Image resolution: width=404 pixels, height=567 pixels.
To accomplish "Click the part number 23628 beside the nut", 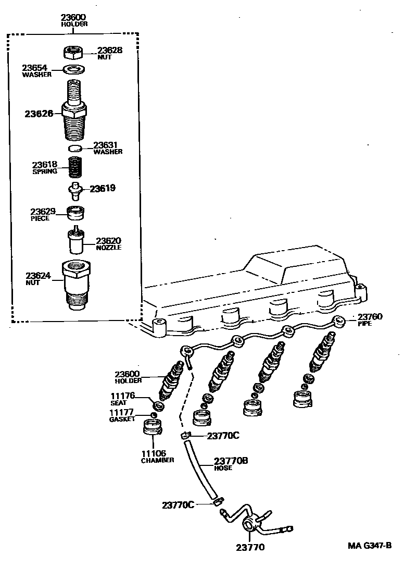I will click(x=110, y=51).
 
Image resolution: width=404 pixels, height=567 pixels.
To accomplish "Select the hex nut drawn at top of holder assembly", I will click(x=74, y=53).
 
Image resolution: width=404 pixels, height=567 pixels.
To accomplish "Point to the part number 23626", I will click(x=39, y=113).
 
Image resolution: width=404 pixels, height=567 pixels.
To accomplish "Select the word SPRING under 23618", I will click(x=45, y=171).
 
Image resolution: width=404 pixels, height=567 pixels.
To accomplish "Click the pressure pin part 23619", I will click(x=76, y=190).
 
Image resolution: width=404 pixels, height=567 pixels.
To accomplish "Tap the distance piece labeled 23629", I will click(x=76, y=213).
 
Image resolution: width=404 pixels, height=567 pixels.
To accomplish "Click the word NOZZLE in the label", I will click(x=108, y=248).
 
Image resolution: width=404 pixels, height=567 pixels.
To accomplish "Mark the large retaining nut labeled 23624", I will click(x=76, y=287).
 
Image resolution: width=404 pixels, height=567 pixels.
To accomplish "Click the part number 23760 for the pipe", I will click(x=370, y=316).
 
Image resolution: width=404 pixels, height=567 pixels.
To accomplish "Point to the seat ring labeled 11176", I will click(x=156, y=405).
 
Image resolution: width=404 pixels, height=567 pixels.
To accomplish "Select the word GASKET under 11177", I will click(x=122, y=420).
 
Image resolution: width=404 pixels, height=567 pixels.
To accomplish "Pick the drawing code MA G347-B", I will click(x=370, y=546).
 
